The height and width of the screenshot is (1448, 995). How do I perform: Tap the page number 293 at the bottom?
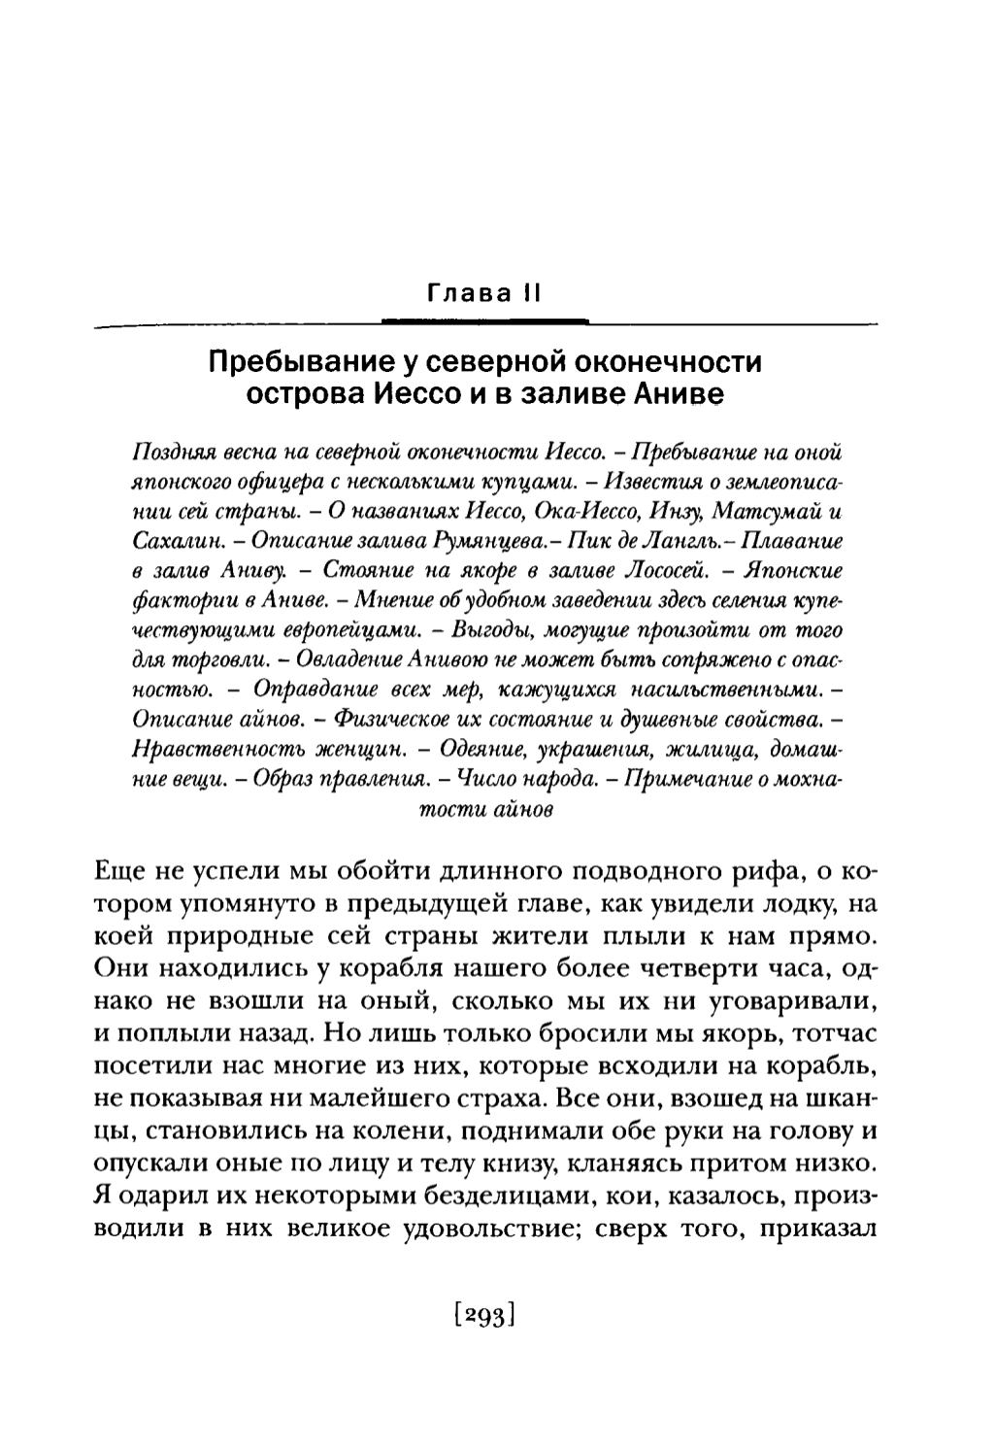(x=482, y=1316)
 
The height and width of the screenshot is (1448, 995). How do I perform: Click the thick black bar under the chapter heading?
(x=485, y=320)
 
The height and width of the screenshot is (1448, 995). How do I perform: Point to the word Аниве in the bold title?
(x=680, y=396)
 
